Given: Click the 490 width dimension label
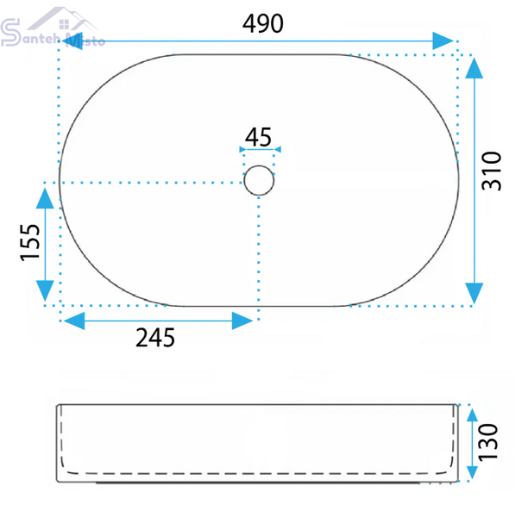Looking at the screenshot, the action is tap(263, 23).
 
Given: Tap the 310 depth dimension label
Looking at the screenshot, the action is tap(492, 171).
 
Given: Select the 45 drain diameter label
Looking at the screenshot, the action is tap(258, 137).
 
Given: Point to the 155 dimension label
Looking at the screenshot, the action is tap(30, 242).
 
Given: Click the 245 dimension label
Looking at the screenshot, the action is tap(155, 338).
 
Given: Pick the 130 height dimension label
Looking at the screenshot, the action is tap(488, 442).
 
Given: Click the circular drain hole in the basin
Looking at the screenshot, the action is tap(259, 180).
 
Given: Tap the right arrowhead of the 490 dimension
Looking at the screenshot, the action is tap(443, 41).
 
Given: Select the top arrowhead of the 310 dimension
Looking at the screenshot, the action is tap(475, 68).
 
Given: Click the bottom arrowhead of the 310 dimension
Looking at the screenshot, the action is tap(475, 293).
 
